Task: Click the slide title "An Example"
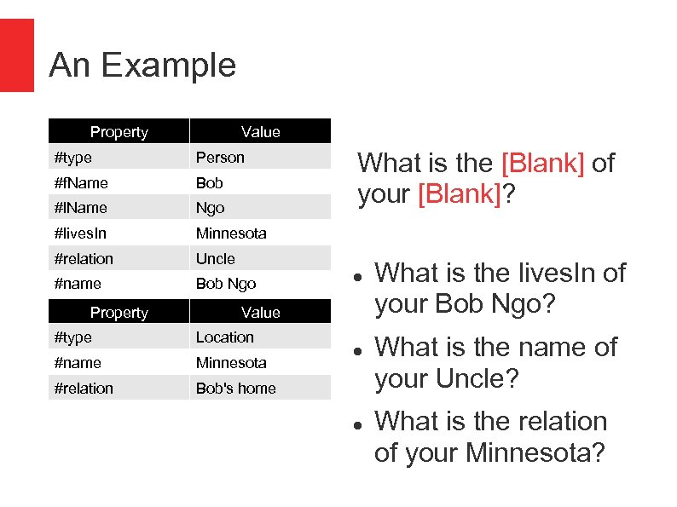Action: coord(142,66)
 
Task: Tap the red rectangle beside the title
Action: coord(16,55)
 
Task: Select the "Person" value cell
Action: coord(220,158)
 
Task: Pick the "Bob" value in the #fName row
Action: coord(209,183)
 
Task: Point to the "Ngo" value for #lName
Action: coord(210,208)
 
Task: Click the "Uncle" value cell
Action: coord(215,259)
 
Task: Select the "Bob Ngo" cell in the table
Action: coord(225,284)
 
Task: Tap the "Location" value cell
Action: coord(224,337)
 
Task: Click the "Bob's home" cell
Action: coord(235,389)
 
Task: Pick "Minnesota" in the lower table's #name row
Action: coord(231,363)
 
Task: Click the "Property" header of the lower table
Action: coord(119,313)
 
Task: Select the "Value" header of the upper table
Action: coord(260,131)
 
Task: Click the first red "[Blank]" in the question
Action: coord(542,163)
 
